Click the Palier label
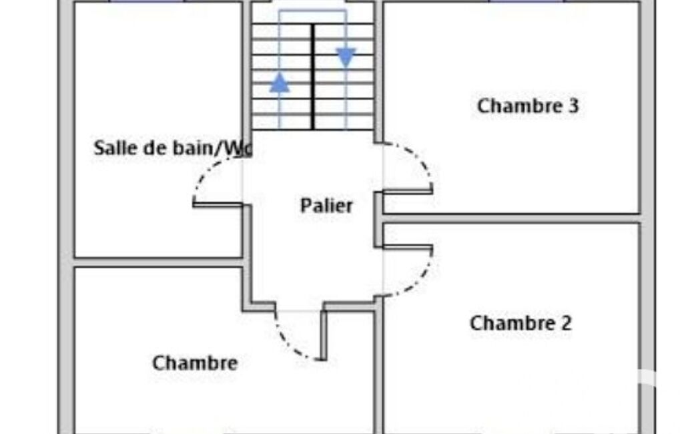pos(326,206)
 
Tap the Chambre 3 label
pos(528,106)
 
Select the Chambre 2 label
pos(521,323)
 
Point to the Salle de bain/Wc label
pos(173,148)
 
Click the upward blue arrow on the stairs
pos(280,83)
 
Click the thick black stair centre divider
pos(313,77)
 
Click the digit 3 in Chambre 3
pos(574,106)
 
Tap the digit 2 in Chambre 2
pos(566,323)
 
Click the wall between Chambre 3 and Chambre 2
pos(512,219)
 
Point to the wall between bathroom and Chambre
pos(158,262)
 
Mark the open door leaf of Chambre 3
pos(408,191)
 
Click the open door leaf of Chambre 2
pos(408,247)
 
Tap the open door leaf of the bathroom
pos(218,204)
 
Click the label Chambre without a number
pos(195,363)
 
